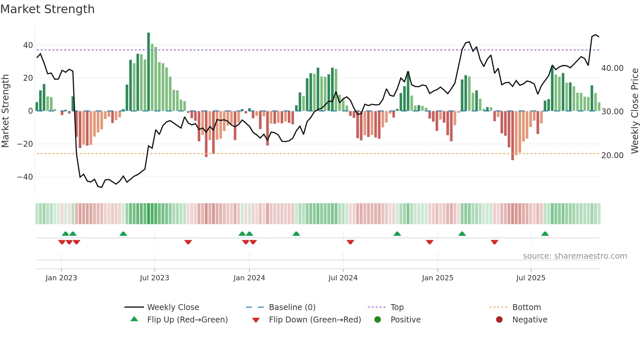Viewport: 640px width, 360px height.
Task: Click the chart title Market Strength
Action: (x=47, y=9)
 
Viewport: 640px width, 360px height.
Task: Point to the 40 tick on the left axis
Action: (x=28, y=45)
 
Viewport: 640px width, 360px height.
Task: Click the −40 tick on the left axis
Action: (x=25, y=177)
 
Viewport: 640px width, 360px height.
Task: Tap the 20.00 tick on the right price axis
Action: (x=612, y=155)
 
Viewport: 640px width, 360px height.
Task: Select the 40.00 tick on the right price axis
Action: (x=612, y=68)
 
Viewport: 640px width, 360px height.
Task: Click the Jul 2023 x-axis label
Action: (x=154, y=278)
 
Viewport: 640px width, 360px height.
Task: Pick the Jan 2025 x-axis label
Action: (x=438, y=278)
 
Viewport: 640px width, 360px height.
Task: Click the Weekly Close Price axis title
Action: (x=634, y=111)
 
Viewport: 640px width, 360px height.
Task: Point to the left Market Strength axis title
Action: (x=6, y=111)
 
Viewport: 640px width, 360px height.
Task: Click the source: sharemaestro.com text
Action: (x=575, y=256)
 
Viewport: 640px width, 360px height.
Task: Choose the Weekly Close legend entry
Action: (x=173, y=307)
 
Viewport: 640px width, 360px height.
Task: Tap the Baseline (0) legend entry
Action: (x=292, y=307)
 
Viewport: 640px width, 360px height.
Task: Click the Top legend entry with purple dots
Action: (x=397, y=307)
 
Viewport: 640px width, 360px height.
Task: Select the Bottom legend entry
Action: (x=526, y=307)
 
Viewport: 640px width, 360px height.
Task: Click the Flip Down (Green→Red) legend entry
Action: (x=314, y=320)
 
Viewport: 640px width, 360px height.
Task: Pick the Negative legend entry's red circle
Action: (x=499, y=320)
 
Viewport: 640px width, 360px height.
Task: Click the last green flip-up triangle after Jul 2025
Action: (x=545, y=234)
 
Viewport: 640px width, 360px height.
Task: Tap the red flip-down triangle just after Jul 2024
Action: (x=350, y=242)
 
